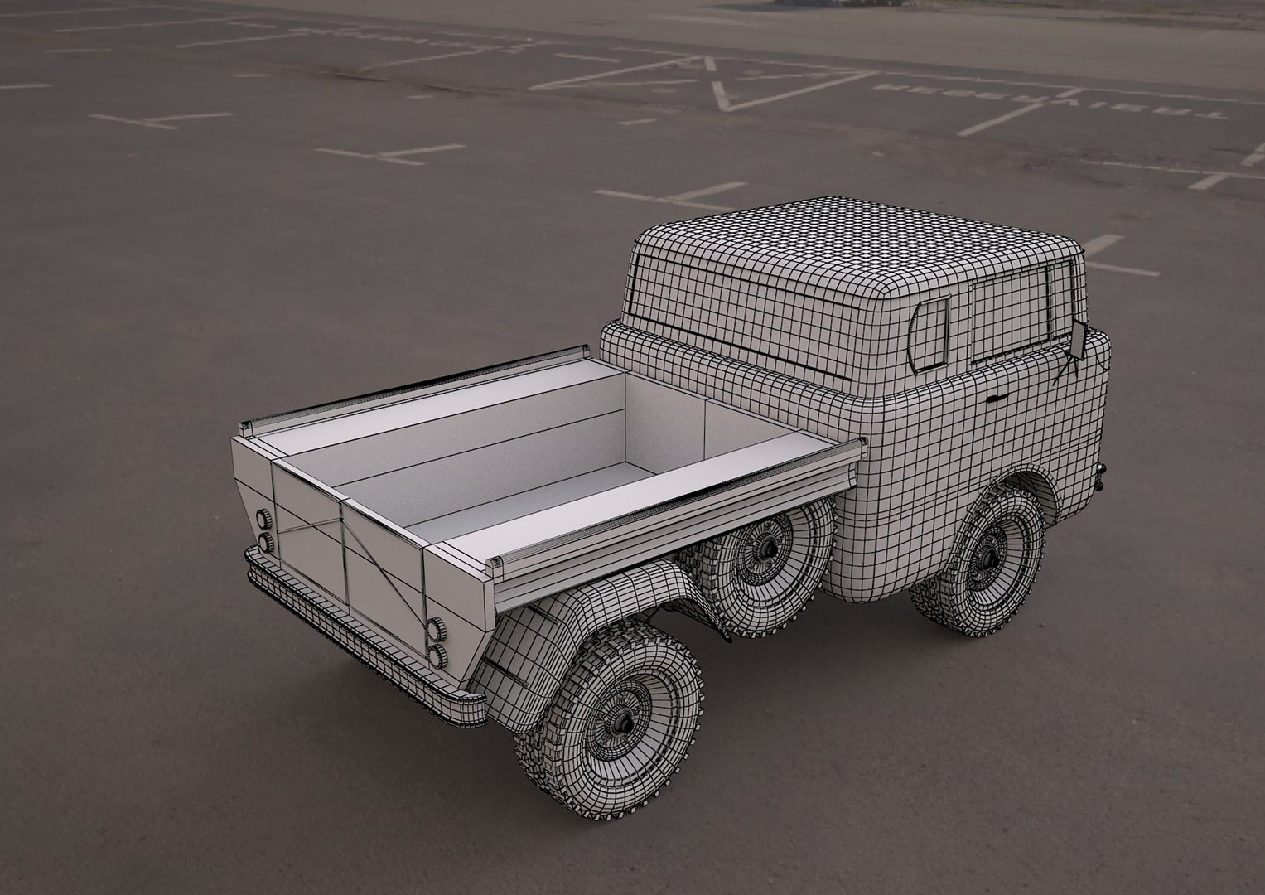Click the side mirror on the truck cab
pos(1080,339)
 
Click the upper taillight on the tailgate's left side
pos(266,520)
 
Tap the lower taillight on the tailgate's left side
pos(267,542)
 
